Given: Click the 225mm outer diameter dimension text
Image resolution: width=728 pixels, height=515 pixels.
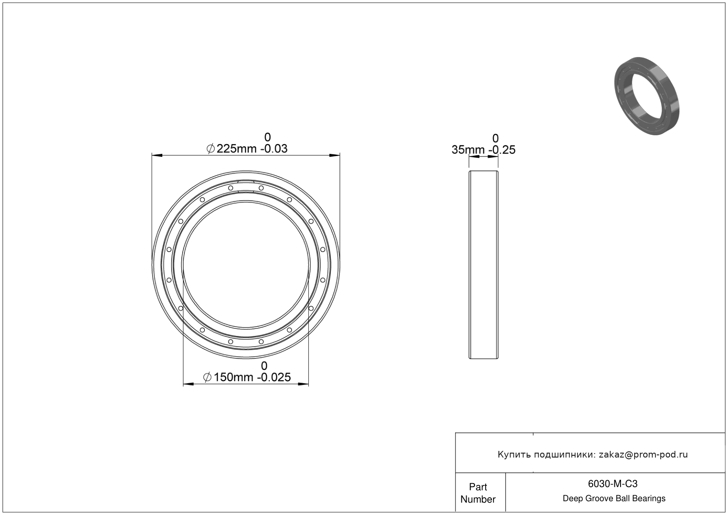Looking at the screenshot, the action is point(236,149).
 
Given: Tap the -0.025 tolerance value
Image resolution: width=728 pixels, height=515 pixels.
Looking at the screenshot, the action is point(274,377).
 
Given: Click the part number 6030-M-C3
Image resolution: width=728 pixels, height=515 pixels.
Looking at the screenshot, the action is point(613,484).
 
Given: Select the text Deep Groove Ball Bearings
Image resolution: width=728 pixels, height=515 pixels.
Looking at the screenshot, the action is point(614,499).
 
